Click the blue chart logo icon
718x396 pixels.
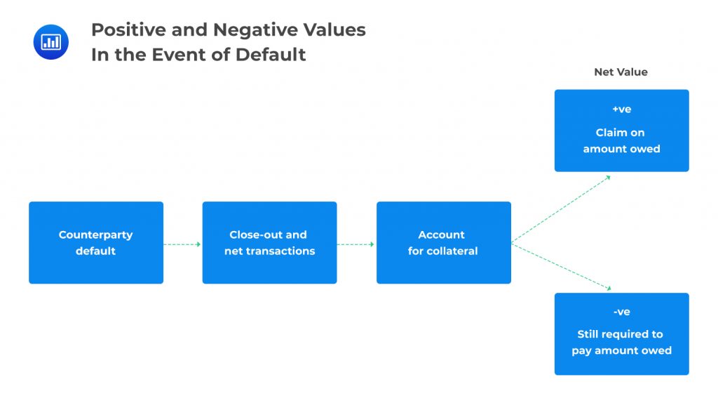click(x=51, y=42)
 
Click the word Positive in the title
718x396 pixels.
click(x=127, y=30)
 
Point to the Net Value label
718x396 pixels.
click(x=621, y=72)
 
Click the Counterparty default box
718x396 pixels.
click(x=96, y=243)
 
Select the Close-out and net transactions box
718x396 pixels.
click(x=269, y=243)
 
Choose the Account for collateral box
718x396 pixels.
click(x=443, y=243)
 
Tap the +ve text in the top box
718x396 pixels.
click(x=621, y=110)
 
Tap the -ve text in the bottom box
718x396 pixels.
click(x=621, y=312)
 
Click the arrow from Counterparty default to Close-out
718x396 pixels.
click(x=182, y=244)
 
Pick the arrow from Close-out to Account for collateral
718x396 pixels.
click(x=356, y=244)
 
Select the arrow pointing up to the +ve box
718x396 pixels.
click(x=561, y=209)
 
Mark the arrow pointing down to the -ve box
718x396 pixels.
click(x=561, y=266)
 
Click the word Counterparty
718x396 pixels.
click(x=95, y=235)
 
